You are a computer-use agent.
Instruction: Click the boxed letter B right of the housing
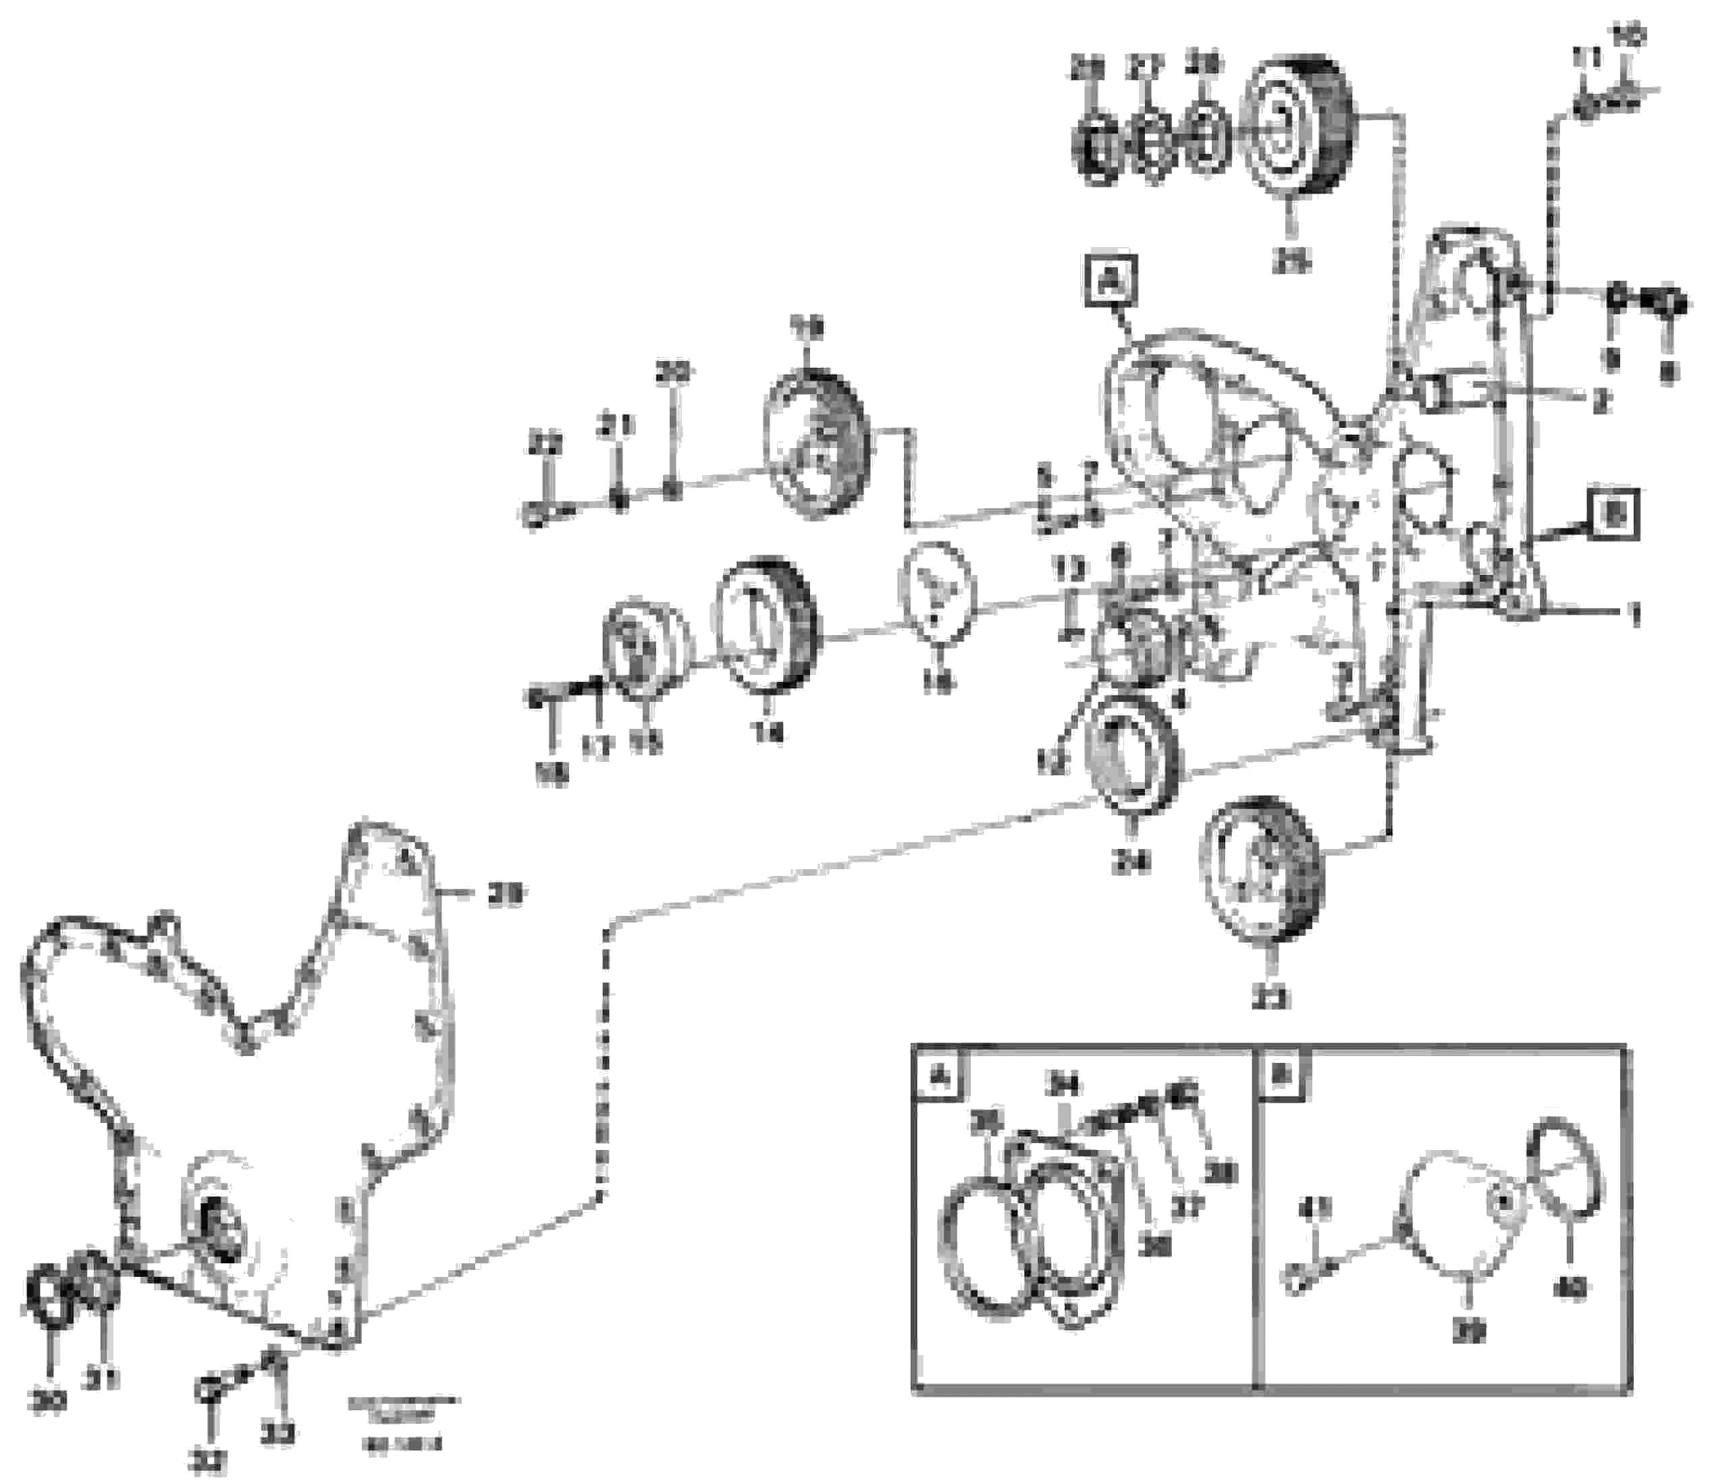[1614, 515]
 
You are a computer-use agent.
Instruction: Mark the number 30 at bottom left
[48, 1402]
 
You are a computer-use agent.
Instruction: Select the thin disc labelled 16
[938, 588]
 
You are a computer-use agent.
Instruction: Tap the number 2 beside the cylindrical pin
[1600, 404]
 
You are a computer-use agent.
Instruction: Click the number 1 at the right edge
[1633, 616]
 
